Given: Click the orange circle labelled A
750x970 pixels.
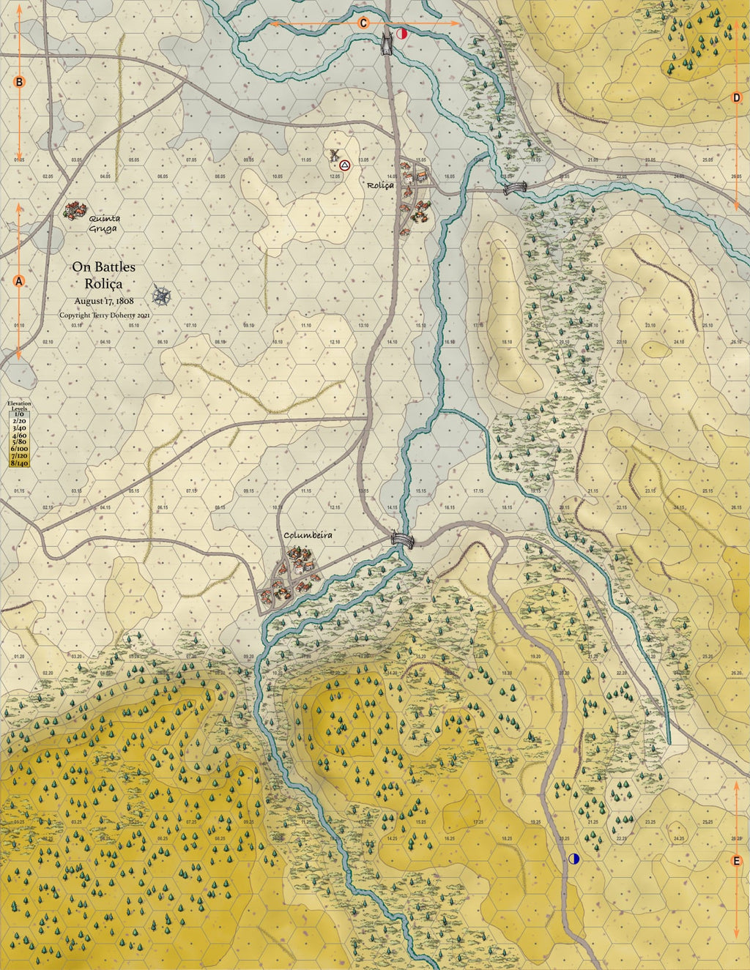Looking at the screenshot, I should tap(20, 281).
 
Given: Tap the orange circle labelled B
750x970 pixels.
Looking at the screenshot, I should tap(20, 82).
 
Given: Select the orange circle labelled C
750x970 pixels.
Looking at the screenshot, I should tap(363, 23).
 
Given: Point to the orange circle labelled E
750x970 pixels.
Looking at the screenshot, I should tap(737, 862).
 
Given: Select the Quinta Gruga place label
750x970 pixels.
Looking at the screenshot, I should tap(103, 223).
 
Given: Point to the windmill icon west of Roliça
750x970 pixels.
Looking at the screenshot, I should tap(334, 155).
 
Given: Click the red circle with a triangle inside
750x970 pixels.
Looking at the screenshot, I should tap(344, 166).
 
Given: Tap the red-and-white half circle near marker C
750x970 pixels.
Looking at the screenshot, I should tap(401, 34).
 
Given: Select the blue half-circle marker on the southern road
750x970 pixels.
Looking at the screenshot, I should tap(574, 858).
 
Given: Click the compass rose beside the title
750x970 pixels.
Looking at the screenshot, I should tap(162, 296).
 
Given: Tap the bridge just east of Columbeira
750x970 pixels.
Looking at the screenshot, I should tap(402, 540).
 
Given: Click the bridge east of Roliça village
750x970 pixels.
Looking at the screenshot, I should tap(515, 189).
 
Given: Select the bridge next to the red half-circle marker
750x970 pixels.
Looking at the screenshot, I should tap(386, 43).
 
